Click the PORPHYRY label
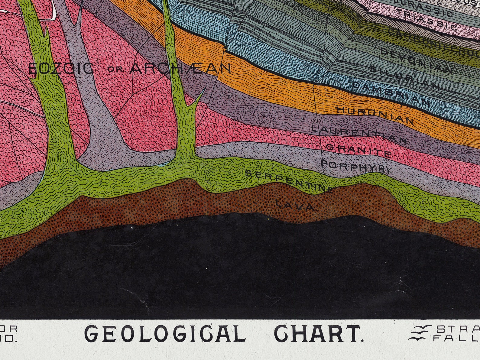pyautogui.click(x=356, y=166)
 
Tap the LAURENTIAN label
pyautogui.click(x=359, y=134)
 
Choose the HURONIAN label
pyautogui.click(x=375, y=115)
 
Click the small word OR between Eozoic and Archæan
pyautogui.click(x=116, y=69)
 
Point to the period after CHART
pyautogui.click(x=362, y=340)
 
